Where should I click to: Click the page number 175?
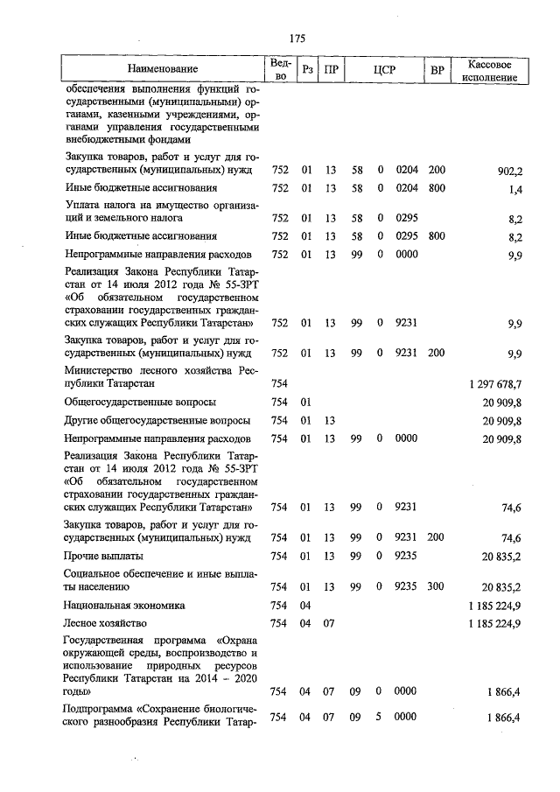pyautogui.click(x=297, y=38)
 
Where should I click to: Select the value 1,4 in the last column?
pyautogui.click(x=514, y=189)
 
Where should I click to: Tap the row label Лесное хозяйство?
pyautogui.click(x=104, y=624)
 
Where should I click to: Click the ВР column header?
pyautogui.click(x=437, y=69)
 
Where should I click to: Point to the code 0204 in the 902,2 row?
pyautogui.click(x=406, y=171)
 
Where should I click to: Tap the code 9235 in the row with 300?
pyautogui.click(x=406, y=586)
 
